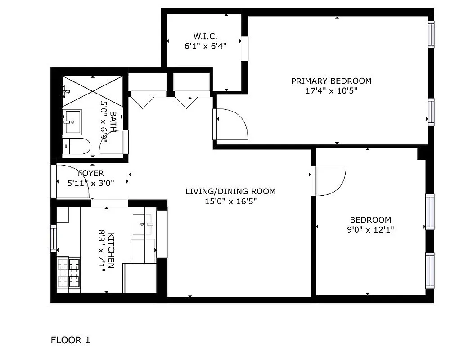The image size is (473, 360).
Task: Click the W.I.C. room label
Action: click(205, 36)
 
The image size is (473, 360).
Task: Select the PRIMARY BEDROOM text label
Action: click(331, 81)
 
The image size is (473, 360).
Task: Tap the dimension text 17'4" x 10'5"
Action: click(331, 90)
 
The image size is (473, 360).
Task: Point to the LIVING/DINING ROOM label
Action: click(230, 192)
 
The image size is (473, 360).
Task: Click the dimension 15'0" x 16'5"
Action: click(230, 202)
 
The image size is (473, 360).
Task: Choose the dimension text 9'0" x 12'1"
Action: click(370, 229)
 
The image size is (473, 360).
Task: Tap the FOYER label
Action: click(91, 173)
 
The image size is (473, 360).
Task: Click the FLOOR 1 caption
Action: click(70, 340)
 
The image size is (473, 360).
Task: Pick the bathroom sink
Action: click(72, 122)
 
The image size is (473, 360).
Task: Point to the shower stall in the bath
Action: click(92, 90)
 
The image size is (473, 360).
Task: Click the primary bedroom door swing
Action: click(233, 124)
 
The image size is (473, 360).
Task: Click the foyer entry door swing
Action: click(72, 182)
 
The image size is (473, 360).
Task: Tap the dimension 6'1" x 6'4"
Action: click(205, 45)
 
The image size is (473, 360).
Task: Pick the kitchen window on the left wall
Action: click(53, 238)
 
